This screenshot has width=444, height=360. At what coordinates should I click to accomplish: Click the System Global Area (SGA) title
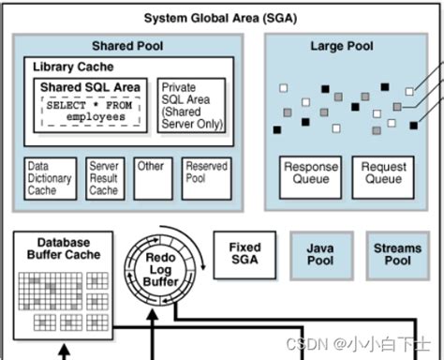(221, 18)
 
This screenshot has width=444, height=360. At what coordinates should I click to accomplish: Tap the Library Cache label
(73, 67)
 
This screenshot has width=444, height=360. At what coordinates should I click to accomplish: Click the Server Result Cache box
(103, 178)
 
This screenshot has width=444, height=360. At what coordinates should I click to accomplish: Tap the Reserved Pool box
(206, 178)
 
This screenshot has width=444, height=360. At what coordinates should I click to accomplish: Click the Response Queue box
(310, 173)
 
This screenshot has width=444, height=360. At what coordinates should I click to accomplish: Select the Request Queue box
(383, 173)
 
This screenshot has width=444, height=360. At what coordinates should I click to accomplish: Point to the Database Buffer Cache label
(64, 248)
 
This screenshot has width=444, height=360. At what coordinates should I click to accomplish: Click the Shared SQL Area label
(91, 87)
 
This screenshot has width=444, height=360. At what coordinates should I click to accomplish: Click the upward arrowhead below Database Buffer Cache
(63, 352)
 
